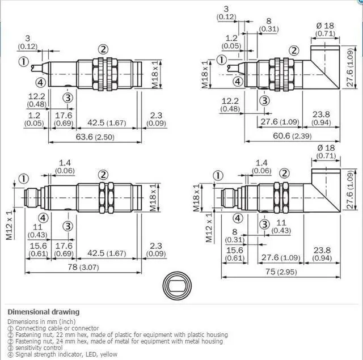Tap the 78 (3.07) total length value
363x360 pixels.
(x=82, y=267)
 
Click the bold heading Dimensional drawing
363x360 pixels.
(x=43, y=312)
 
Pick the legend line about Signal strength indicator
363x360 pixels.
(x=62, y=354)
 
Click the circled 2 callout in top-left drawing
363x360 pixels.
(x=103, y=49)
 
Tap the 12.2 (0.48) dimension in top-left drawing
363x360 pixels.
(x=36, y=100)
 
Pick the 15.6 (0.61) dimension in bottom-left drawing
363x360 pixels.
(x=37, y=249)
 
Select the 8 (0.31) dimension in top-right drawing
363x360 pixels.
(x=269, y=24)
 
